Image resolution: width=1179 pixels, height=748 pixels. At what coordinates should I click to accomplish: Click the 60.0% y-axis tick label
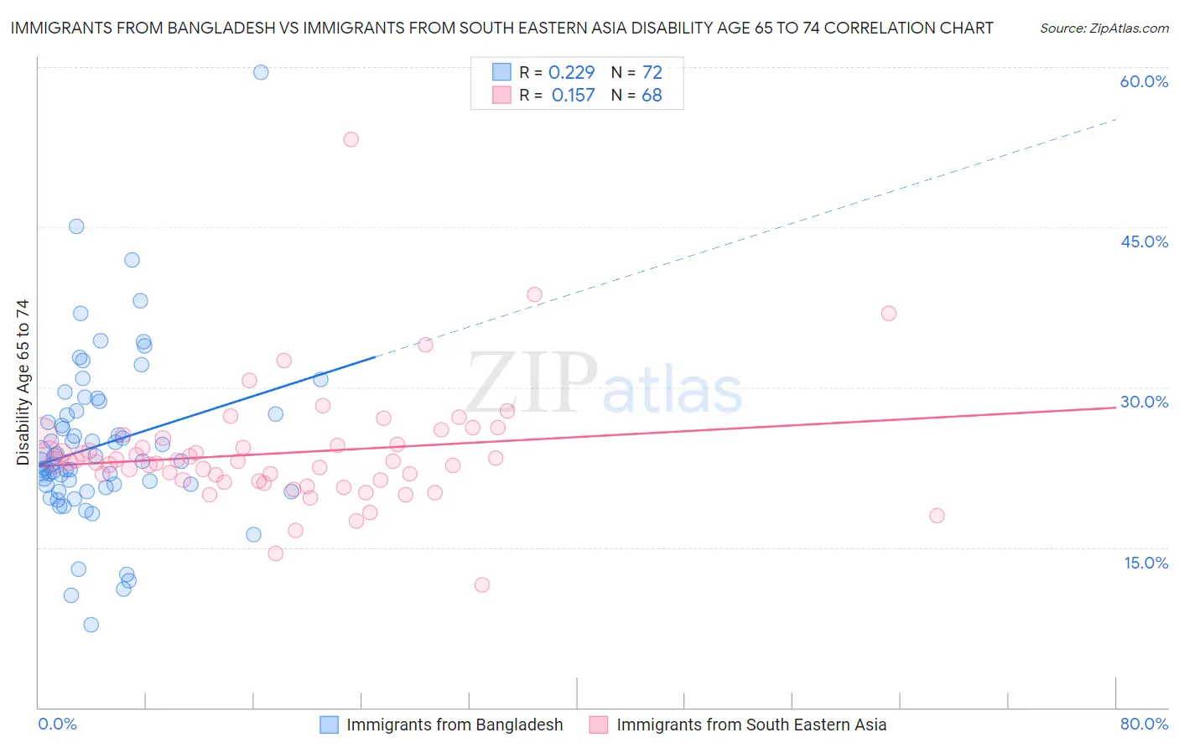point(1144,81)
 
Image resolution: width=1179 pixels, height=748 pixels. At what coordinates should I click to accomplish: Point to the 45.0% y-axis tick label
point(1144,242)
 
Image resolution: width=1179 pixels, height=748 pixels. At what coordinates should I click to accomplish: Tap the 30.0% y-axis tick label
point(1144,402)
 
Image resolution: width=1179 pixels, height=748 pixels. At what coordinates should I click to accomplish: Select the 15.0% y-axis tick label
point(1145,563)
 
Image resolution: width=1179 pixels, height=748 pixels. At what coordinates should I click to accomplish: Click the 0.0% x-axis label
point(57,724)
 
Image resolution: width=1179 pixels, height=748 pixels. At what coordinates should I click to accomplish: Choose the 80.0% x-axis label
point(1144,724)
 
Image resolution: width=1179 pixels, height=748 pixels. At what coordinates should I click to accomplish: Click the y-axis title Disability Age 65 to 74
point(23,382)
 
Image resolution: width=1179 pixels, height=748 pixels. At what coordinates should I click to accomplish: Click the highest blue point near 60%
point(261,72)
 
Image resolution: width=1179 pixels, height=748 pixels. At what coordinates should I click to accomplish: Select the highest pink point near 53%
point(351,139)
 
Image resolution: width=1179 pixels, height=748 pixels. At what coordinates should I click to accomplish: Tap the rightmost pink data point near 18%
point(937,516)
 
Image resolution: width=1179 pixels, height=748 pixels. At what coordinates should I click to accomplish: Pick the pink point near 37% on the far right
point(889,314)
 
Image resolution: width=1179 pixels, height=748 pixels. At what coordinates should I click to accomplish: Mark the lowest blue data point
point(91,625)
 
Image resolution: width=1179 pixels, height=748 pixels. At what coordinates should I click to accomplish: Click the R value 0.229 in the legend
point(571,72)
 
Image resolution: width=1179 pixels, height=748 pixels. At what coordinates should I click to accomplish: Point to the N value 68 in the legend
point(652,96)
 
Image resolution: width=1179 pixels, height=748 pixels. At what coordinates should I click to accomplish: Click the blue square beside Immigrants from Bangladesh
point(330,725)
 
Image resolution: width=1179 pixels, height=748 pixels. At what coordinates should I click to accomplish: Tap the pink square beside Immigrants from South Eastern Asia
point(598,725)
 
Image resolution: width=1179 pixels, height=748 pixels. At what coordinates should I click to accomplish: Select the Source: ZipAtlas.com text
point(1104,28)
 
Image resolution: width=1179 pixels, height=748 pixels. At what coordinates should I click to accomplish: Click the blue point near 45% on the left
point(76,226)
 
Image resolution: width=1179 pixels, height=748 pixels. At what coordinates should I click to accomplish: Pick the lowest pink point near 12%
point(482,585)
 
